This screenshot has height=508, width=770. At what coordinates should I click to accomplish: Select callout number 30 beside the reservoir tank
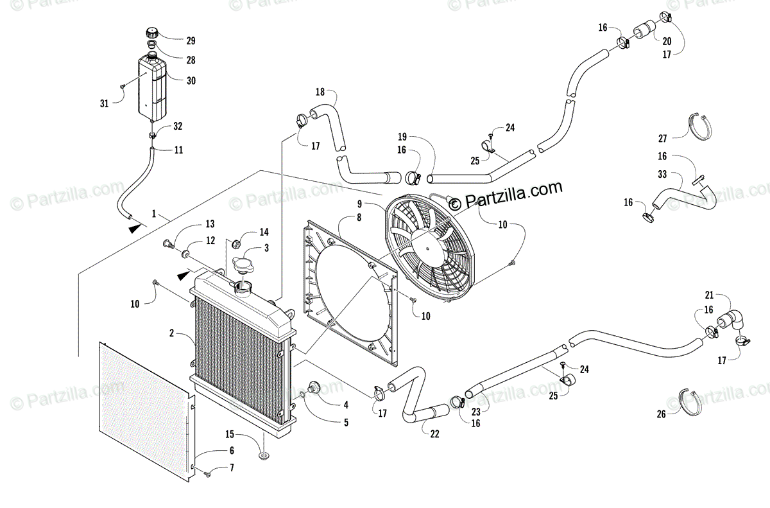pos(191,81)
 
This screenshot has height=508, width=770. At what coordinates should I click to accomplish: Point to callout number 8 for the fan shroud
pos(359,218)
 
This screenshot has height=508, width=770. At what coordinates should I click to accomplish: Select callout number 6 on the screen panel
pos(231,451)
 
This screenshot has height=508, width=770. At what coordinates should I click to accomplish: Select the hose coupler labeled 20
pos(643,31)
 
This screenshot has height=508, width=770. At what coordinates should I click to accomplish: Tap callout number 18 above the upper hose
pos(320,91)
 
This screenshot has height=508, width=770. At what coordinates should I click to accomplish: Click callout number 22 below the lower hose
pos(434,434)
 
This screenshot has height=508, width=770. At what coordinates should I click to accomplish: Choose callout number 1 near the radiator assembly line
pos(154,213)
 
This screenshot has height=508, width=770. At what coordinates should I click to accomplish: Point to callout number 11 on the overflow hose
pos(178,150)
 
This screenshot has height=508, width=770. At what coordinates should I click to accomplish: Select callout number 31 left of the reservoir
pos(104,102)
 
